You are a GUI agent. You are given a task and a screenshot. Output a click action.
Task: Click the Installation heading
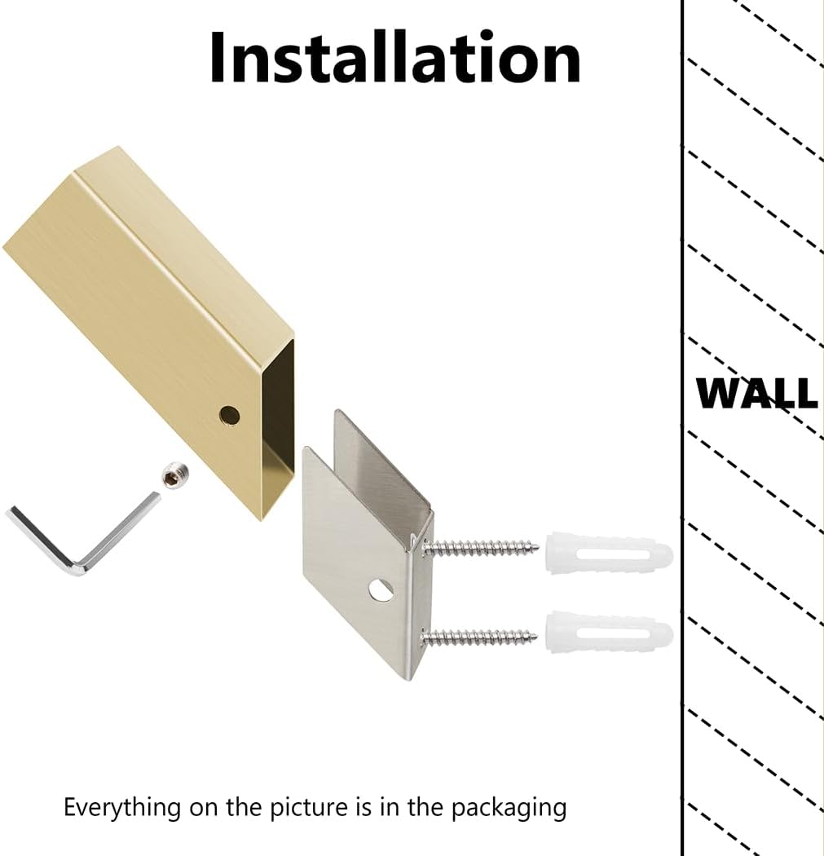tap(395, 57)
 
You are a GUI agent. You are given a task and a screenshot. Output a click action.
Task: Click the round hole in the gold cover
tap(230, 416)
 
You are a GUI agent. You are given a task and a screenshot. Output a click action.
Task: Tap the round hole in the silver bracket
tap(381, 590)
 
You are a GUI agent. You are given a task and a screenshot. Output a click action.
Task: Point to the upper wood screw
tap(480, 547)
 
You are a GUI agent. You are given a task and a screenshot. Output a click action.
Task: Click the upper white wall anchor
tap(609, 552)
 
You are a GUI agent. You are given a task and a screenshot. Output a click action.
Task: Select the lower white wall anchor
tap(609, 633)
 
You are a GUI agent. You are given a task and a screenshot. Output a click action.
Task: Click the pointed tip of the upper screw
tap(540, 546)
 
